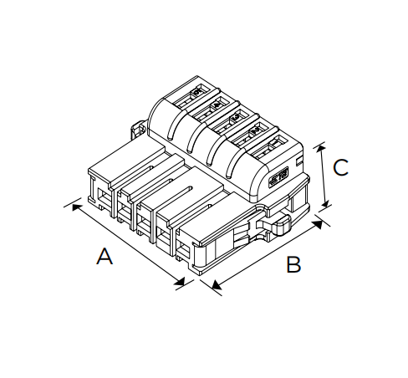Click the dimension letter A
point(105,256)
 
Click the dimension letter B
point(293,264)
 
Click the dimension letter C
point(340,167)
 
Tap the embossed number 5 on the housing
point(197,92)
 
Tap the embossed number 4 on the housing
point(217,105)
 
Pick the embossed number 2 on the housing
point(254,130)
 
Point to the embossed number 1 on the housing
point(274,143)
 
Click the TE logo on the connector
point(279,177)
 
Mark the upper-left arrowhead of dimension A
point(77,207)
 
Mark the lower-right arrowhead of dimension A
point(180,281)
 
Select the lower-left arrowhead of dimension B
point(217,285)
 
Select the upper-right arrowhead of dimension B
point(318,224)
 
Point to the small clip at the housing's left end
point(138,130)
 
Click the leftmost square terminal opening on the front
point(102,196)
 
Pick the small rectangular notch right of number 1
point(299,160)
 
